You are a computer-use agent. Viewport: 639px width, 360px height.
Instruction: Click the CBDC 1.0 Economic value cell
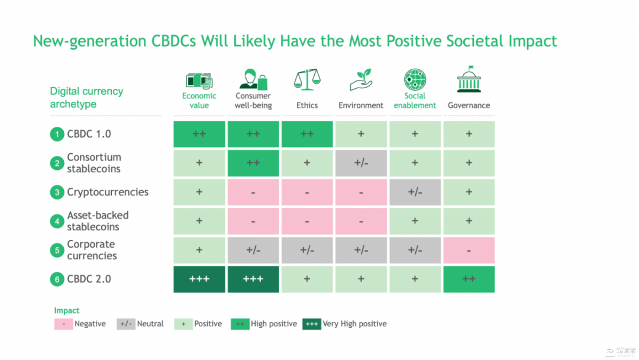199,134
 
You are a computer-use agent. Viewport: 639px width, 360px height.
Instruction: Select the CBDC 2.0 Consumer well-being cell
253,279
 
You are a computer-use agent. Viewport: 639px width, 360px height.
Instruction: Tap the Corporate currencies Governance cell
469,250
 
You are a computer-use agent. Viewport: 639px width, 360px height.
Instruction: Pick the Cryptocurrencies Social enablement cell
415,192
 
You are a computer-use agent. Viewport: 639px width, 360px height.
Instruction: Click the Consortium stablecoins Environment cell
361,163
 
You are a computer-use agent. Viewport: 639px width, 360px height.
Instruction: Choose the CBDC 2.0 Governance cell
469,279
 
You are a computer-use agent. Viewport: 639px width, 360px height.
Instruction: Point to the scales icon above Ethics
307,79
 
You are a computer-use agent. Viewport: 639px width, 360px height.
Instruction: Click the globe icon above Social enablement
415,79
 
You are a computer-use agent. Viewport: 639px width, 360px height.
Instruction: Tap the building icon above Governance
469,79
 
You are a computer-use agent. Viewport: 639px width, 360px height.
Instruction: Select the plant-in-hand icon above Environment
361,80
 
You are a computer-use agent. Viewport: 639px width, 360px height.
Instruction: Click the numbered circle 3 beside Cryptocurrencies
57,192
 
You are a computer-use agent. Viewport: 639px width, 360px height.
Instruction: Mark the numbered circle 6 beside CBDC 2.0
57,279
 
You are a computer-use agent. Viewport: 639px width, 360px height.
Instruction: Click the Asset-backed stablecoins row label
98,221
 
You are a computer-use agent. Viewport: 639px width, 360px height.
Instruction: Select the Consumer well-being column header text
253,101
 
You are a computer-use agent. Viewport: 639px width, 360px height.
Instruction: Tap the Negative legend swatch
63,324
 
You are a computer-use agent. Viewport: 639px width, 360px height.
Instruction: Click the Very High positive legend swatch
312,324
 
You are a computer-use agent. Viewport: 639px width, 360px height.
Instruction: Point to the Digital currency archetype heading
86,98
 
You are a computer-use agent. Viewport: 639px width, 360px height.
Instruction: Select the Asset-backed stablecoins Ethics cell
307,221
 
